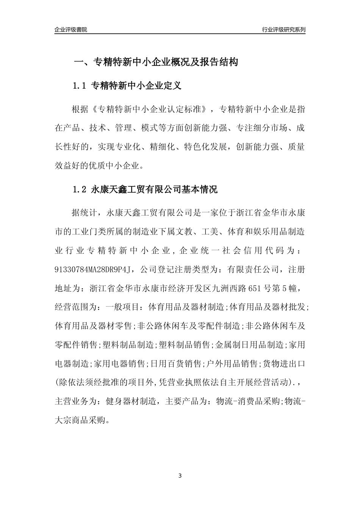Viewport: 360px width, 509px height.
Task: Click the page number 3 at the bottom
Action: (x=180, y=476)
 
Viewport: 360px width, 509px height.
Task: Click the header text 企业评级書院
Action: (x=71, y=30)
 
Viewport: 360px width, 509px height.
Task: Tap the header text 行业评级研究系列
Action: (x=284, y=30)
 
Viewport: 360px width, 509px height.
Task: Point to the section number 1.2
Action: (x=80, y=190)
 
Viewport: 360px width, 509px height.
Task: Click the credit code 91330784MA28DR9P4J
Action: (x=95, y=270)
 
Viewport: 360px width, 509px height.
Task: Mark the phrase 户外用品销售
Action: (x=232, y=364)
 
